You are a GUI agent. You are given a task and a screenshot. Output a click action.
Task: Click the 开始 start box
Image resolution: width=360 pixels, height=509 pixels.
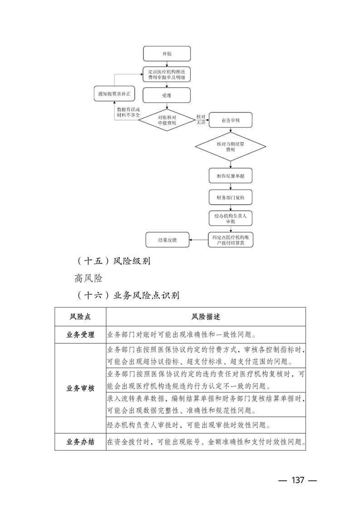[167, 54]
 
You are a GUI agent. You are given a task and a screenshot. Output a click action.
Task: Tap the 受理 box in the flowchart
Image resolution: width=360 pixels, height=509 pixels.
[167, 96]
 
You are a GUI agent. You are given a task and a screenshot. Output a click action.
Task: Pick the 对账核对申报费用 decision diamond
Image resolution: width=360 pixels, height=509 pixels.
[167, 120]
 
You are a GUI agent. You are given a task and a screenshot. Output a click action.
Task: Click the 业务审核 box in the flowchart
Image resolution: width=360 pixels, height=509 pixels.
[230, 121]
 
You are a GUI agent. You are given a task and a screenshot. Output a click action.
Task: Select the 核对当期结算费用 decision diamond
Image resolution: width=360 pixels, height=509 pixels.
[230, 146]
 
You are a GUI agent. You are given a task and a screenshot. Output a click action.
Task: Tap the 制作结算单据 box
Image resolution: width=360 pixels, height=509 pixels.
[230, 176]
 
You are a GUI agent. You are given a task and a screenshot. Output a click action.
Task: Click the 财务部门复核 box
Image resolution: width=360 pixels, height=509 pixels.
[230, 197]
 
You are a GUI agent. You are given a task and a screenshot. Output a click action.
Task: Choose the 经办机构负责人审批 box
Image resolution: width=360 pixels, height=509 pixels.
[230, 219]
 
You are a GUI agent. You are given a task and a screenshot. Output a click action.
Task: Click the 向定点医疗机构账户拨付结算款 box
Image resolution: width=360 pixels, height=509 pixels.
[230, 240]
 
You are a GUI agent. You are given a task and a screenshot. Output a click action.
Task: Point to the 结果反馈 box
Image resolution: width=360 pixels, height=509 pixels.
[167, 240]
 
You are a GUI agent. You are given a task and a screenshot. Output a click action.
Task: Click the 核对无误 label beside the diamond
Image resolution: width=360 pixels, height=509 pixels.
[201, 120]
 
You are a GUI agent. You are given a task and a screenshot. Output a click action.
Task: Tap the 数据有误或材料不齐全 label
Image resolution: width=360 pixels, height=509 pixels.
[128, 113]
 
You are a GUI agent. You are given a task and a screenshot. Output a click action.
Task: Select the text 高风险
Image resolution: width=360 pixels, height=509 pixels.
[89, 279]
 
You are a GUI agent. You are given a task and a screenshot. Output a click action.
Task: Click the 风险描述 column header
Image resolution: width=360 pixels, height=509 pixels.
[206, 316]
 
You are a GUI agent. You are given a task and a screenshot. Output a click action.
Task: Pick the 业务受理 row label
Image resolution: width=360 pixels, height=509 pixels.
[80, 335]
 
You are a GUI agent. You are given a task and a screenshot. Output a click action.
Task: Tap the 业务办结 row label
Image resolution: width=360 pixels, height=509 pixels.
[80, 441]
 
